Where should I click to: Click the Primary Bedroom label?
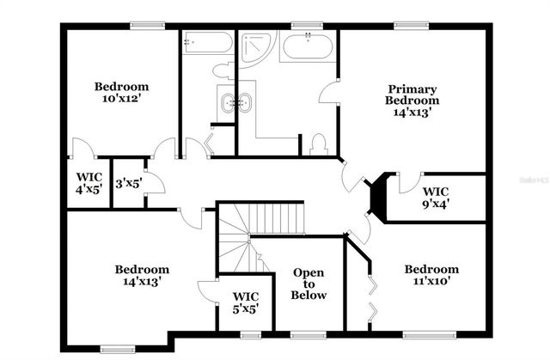[x=412, y=100]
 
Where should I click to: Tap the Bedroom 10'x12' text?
[x=121, y=93]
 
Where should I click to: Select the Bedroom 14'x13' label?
[x=142, y=275]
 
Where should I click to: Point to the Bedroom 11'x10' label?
[x=431, y=275]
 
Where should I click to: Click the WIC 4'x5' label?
[x=89, y=183]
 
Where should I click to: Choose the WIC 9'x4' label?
[x=436, y=197]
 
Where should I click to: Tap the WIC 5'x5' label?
[x=246, y=302]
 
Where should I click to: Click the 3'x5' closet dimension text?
[x=128, y=183]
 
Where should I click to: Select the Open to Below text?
[x=309, y=284]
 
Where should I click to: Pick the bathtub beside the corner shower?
[x=308, y=46]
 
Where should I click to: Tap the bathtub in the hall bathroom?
[x=207, y=44]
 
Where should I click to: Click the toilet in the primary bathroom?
[x=318, y=144]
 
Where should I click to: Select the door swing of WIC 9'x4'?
[x=407, y=181]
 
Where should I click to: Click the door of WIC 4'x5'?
[x=82, y=149]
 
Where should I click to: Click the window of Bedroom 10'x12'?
[x=142, y=25]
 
